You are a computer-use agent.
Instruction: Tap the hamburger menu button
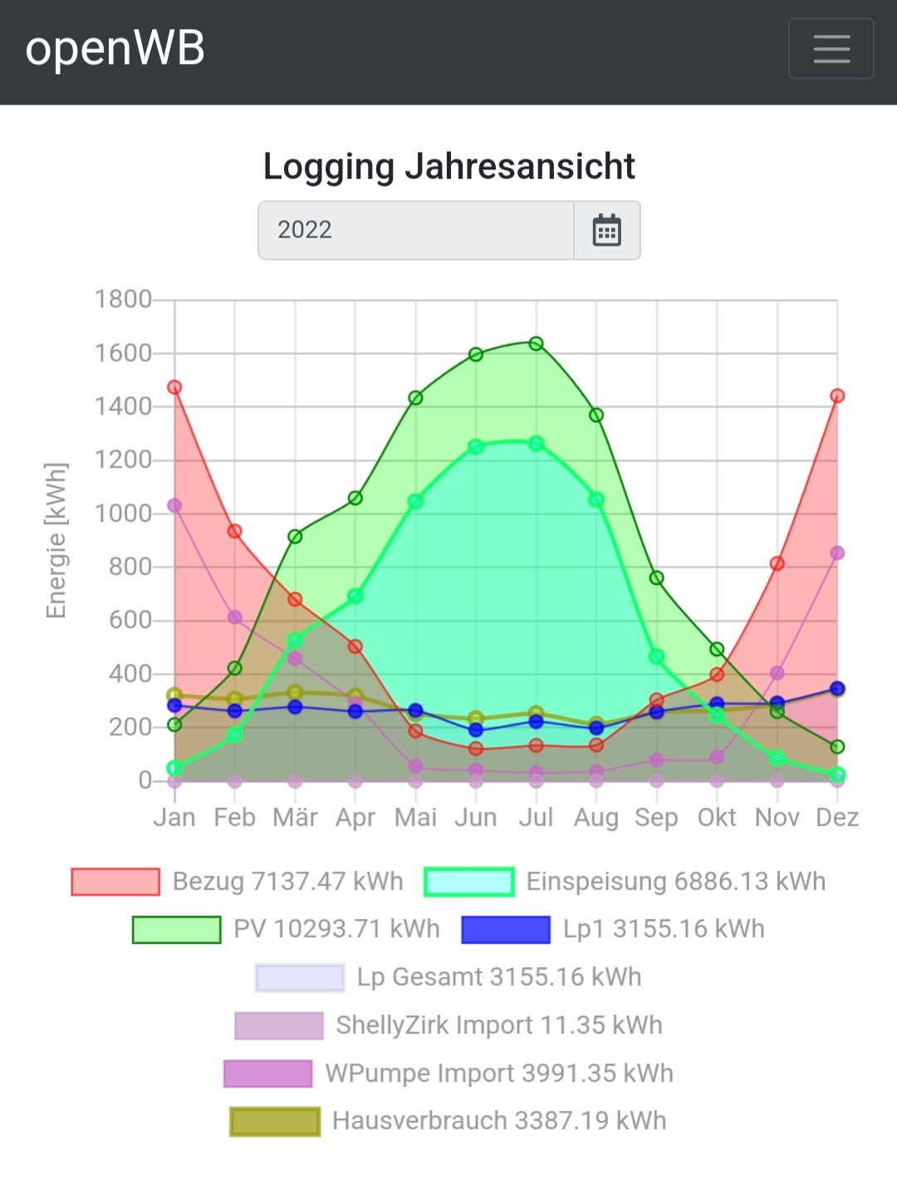[x=831, y=48]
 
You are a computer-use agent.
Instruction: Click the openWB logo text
[x=115, y=48]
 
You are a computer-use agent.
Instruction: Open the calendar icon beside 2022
[x=606, y=230]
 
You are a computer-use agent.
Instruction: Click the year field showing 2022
[x=415, y=230]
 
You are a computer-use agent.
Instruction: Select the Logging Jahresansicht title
[x=448, y=166]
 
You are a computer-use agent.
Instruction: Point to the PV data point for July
[x=536, y=344]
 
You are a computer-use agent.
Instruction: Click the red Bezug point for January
[x=174, y=387]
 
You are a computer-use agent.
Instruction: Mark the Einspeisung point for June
[x=476, y=447]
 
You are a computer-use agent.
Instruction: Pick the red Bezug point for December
[x=837, y=396]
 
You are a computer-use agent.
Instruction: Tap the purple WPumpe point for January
[x=174, y=506]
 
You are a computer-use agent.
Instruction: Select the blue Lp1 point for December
[x=837, y=689]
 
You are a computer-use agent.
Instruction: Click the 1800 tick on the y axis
[x=123, y=299]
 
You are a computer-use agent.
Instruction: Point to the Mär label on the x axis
[x=295, y=818]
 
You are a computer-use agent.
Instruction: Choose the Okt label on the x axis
[x=717, y=818]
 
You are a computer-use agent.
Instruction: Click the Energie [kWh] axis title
[x=56, y=540]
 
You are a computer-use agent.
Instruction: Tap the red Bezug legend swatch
[x=115, y=882]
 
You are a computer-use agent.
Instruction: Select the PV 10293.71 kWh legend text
[x=336, y=929]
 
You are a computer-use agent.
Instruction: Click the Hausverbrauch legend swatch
[x=275, y=1122]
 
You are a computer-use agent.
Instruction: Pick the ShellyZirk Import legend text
[x=499, y=1025]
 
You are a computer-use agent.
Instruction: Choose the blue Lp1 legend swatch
[x=506, y=929]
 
